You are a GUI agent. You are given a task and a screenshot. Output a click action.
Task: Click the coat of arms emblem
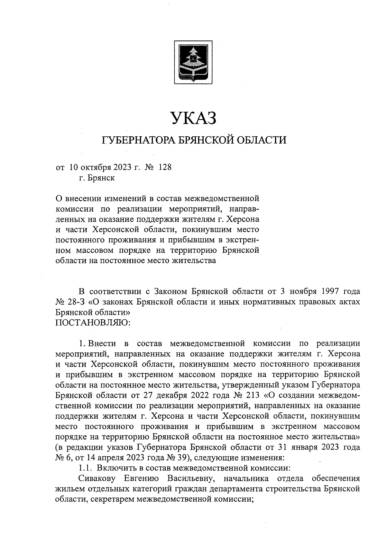[193, 62]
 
